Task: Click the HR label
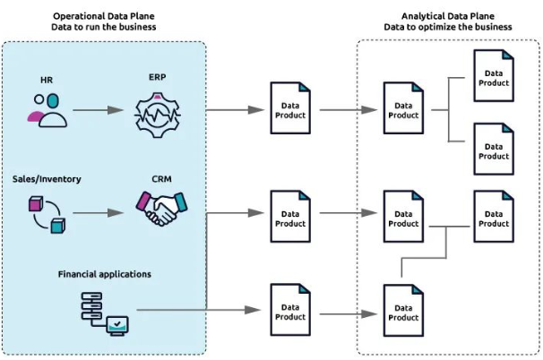click(x=47, y=80)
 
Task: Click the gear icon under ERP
click(x=157, y=112)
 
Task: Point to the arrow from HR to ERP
click(x=98, y=111)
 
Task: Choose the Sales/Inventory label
click(x=47, y=178)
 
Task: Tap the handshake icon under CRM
click(x=157, y=211)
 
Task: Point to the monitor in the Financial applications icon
click(x=117, y=323)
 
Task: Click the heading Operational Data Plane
click(x=105, y=15)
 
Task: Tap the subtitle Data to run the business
click(x=105, y=27)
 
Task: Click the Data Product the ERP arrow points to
click(x=290, y=109)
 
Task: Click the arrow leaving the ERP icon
click(x=235, y=111)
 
